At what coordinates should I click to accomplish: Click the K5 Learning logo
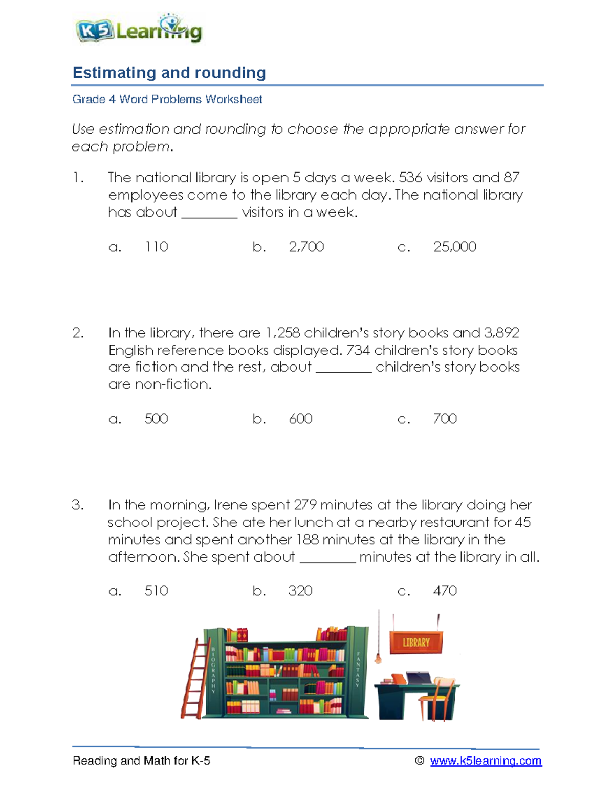pyautogui.click(x=139, y=29)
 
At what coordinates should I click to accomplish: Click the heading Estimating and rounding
pyautogui.click(x=169, y=73)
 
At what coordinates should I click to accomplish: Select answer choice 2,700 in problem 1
pyautogui.click(x=306, y=247)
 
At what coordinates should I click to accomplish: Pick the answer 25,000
pyautogui.click(x=454, y=247)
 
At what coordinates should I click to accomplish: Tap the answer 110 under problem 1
pyautogui.click(x=156, y=247)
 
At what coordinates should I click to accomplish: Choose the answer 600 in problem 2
pyautogui.click(x=300, y=419)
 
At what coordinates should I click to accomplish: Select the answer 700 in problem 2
pyautogui.click(x=445, y=419)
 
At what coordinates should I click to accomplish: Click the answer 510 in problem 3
pyautogui.click(x=156, y=591)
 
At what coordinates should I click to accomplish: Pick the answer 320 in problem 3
pyautogui.click(x=300, y=591)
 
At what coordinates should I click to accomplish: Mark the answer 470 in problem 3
pyautogui.click(x=445, y=591)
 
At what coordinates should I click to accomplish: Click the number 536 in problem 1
pyautogui.click(x=411, y=178)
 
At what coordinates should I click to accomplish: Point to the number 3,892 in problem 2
pyautogui.click(x=501, y=333)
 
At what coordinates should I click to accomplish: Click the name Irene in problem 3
pyautogui.click(x=230, y=505)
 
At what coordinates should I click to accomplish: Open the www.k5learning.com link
pyautogui.click(x=486, y=761)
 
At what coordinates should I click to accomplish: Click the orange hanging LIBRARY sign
pyautogui.click(x=416, y=642)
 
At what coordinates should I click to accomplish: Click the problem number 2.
pyautogui.click(x=78, y=333)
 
